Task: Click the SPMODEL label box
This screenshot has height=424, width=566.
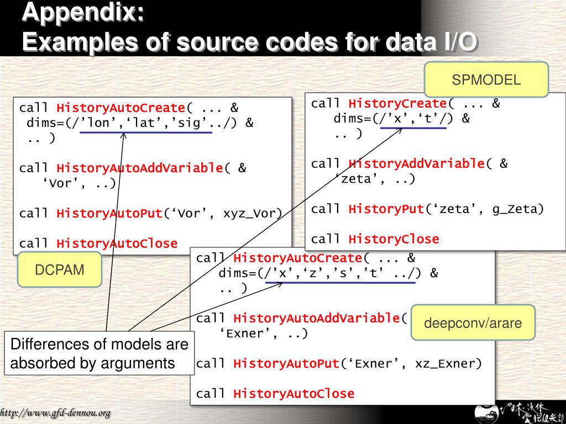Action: (486, 79)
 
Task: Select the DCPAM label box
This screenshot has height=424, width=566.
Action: (59, 270)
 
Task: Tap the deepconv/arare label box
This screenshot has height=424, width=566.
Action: (473, 323)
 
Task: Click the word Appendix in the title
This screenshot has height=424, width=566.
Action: (83, 13)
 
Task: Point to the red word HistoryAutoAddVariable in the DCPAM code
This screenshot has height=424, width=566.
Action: (140, 168)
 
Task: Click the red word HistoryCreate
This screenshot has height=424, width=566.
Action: (397, 103)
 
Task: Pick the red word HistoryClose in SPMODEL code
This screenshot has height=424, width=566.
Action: (394, 239)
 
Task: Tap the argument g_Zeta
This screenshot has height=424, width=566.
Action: (518, 209)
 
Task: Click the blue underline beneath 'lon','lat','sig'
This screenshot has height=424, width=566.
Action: (146, 132)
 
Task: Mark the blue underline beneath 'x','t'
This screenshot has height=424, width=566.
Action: (413, 128)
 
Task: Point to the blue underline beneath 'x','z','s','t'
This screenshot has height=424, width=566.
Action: (340, 283)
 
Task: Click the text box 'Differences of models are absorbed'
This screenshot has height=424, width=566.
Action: (99, 353)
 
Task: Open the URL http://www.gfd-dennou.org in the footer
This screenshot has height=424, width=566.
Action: (55, 413)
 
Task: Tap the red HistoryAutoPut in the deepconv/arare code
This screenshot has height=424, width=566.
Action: (286, 363)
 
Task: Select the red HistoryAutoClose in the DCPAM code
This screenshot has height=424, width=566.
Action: (117, 243)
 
